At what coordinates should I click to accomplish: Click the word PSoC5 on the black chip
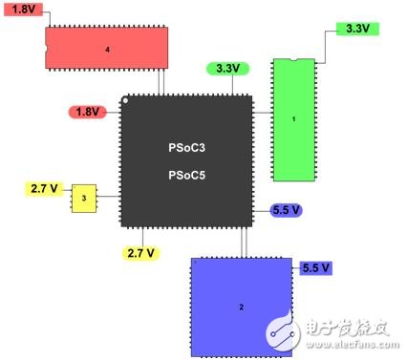click(186, 175)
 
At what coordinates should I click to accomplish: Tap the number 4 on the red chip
click(107, 47)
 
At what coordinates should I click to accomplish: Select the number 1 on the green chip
click(293, 119)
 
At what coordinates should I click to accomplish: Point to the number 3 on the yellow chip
click(84, 198)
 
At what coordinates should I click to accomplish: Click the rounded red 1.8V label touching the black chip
click(87, 112)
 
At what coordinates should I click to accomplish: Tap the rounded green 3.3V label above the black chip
click(227, 69)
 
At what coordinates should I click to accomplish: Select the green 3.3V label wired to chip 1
click(355, 29)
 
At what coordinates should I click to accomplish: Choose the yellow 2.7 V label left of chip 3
click(44, 188)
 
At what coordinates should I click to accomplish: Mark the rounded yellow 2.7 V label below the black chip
click(141, 253)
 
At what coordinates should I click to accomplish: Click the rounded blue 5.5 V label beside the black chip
click(286, 209)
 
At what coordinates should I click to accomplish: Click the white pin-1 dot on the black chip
click(126, 100)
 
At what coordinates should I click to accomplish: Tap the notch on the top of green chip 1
click(292, 61)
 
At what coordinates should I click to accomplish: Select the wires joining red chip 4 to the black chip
click(161, 81)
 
